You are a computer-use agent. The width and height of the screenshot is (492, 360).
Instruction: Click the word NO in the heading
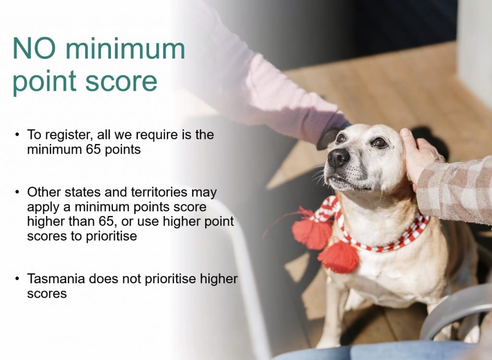click(34, 48)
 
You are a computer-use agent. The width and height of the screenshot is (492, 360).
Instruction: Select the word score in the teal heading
click(121, 81)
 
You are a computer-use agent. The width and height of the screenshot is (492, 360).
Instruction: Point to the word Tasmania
click(56, 278)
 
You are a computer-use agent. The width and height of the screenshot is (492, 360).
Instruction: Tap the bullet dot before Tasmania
click(17, 278)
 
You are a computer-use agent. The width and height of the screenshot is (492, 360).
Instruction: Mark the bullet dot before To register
click(17, 135)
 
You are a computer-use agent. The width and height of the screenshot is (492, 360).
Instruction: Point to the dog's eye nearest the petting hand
click(379, 143)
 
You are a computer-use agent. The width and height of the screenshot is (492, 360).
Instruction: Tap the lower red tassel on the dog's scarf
click(339, 256)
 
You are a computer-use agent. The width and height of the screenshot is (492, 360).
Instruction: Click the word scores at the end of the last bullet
click(47, 294)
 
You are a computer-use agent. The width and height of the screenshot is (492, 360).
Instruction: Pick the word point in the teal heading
click(44, 82)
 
